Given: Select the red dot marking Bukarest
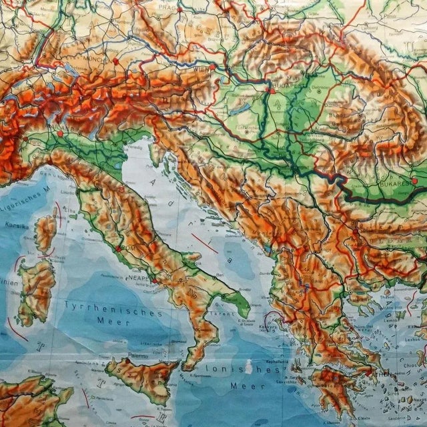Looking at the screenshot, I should point(414,180).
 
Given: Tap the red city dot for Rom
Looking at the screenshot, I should point(118,248).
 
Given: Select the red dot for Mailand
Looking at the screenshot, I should point(60,133).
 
